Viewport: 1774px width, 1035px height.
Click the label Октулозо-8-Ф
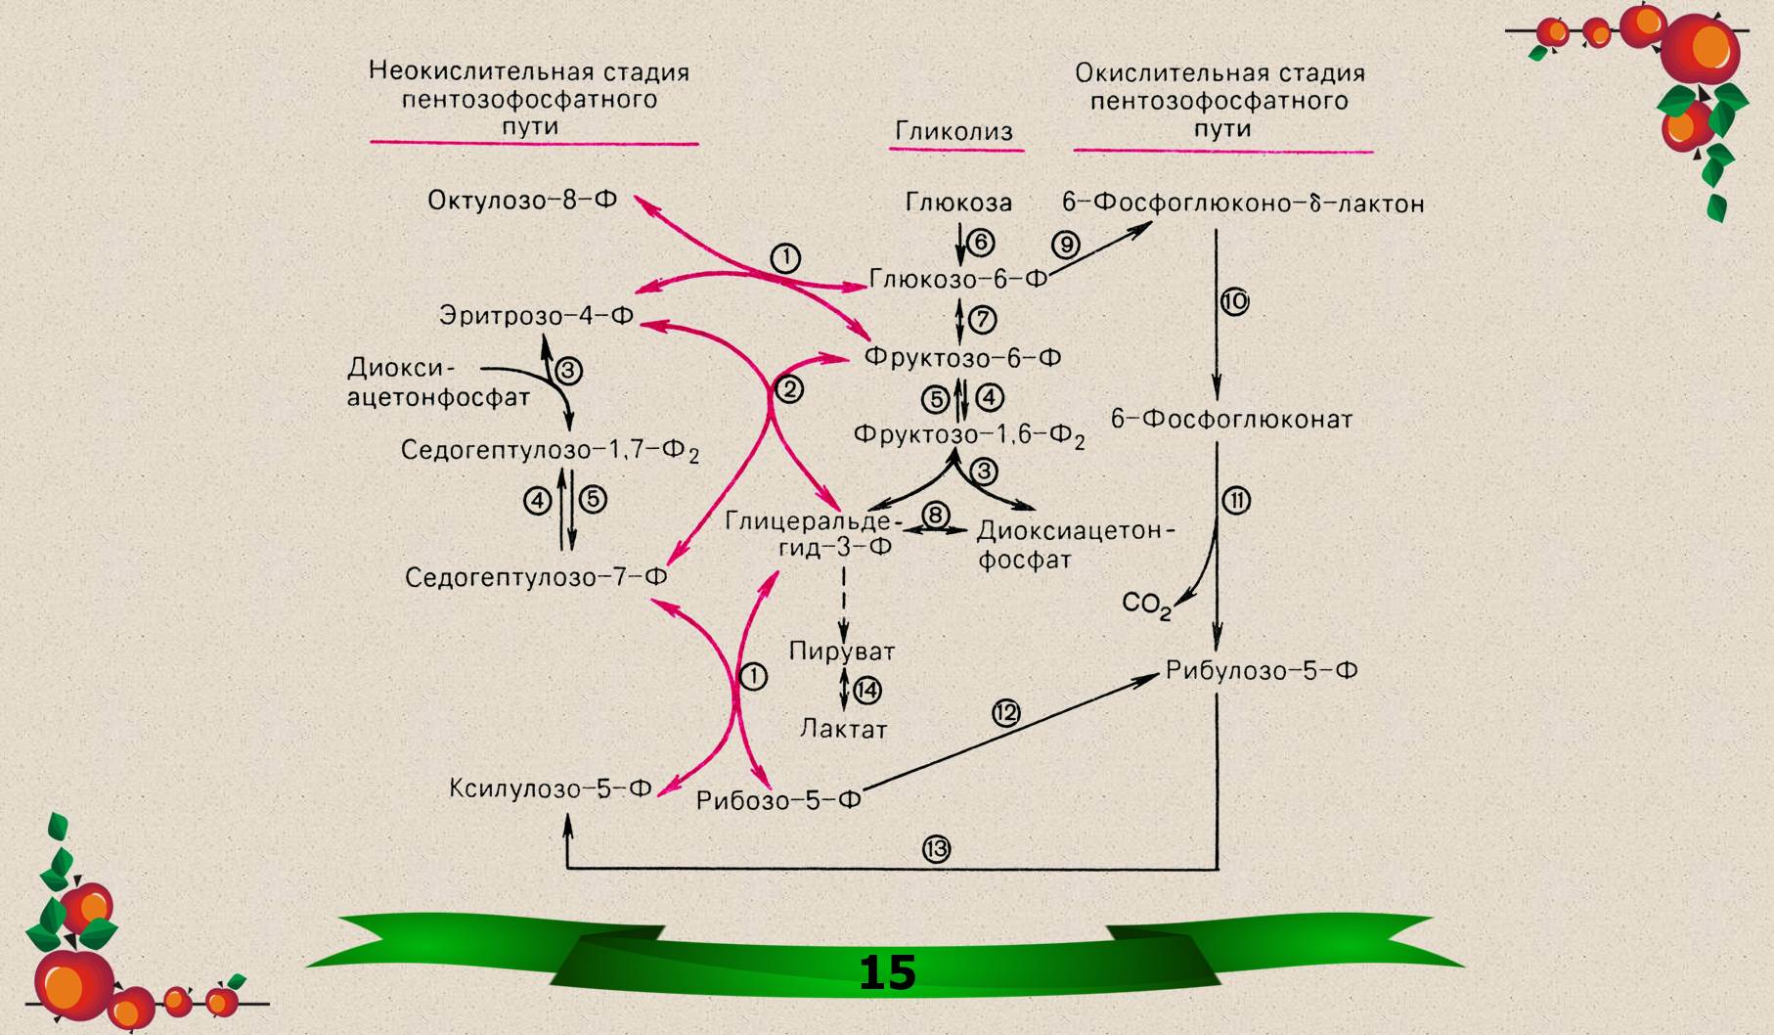click(522, 201)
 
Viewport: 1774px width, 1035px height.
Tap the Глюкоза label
click(958, 202)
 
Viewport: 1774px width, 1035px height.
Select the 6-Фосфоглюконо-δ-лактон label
click(1242, 203)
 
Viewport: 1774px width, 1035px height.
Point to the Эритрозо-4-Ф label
click(536, 316)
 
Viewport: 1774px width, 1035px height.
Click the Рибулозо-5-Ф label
click(1262, 671)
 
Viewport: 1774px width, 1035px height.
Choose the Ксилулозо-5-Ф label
click(550, 788)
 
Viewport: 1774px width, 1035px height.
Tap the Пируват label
click(842, 652)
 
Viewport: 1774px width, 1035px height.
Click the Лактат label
click(843, 729)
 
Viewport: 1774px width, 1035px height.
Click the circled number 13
click(936, 849)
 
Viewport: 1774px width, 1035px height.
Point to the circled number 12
click(1006, 713)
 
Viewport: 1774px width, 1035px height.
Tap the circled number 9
click(1065, 244)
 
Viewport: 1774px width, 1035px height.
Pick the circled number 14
click(867, 691)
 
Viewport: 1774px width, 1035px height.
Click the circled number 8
click(936, 515)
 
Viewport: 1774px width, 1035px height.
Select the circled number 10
click(1235, 301)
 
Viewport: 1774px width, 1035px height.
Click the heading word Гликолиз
click(954, 132)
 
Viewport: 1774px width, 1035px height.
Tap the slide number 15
click(887, 972)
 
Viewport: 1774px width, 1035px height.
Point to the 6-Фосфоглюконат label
click(1231, 420)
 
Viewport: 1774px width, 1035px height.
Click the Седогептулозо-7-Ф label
click(536, 577)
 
